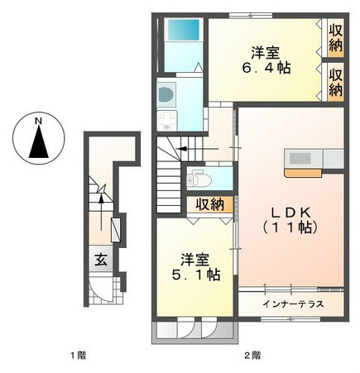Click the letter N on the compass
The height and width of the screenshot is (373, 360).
click(38, 121)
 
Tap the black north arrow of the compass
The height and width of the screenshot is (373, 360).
click(39, 142)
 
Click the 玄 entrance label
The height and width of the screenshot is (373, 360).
click(101, 260)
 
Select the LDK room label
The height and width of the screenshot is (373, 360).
click(291, 213)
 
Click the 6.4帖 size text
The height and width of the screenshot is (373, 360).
click(266, 68)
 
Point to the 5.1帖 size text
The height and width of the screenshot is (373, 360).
click(196, 275)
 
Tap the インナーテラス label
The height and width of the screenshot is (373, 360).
click(293, 304)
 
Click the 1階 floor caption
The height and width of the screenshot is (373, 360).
click(78, 356)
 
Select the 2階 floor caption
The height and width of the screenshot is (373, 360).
click(252, 356)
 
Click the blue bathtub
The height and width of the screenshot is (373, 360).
click(184, 30)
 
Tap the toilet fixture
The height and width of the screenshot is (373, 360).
click(199, 179)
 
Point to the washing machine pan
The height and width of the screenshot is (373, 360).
click(166, 121)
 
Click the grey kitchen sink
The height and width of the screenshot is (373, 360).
click(300, 159)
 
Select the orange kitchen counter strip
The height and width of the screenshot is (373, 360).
click(304, 173)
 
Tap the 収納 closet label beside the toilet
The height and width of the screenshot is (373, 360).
click(210, 204)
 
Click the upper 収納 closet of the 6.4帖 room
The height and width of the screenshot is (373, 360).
click(335, 38)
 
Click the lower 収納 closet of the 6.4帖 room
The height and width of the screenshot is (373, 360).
click(335, 82)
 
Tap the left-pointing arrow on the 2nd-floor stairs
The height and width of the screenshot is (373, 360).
click(198, 149)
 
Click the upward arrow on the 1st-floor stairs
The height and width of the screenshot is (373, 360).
click(101, 212)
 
